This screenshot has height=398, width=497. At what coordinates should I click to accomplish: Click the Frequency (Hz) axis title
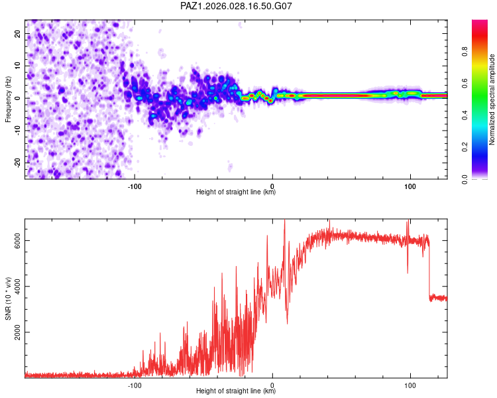[x=8, y=98]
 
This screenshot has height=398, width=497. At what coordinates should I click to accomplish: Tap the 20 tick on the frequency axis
[x=18, y=34]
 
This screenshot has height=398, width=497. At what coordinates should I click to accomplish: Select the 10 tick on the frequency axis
[x=18, y=66]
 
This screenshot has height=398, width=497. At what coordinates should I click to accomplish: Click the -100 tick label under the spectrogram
[x=135, y=186]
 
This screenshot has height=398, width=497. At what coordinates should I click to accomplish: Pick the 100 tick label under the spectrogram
[x=410, y=186]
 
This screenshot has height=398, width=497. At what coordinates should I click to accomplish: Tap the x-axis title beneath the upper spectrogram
[x=236, y=192]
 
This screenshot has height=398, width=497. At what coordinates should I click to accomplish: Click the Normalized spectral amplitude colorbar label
[x=492, y=99]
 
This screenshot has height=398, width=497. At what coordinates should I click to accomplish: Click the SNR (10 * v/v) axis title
[x=8, y=298]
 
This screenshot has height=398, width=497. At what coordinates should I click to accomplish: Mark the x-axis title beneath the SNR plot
[x=236, y=391]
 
